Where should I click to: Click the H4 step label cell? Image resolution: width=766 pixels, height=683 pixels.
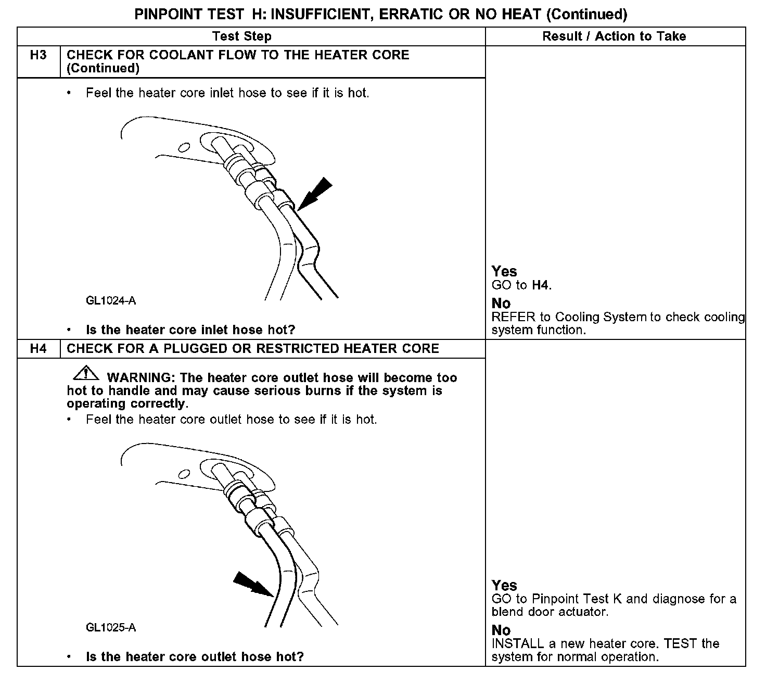click(x=39, y=349)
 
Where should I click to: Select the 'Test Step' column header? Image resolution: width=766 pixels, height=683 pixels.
click(x=242, y=36)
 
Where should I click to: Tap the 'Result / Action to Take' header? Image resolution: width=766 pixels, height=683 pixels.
click(x=614, y=36)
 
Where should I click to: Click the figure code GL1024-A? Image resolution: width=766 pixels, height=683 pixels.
click(x=111, y=301)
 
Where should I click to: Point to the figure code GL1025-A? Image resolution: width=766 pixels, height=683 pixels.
click(x=111, y=628)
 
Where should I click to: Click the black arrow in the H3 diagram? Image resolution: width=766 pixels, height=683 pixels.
click(x=313, y=195)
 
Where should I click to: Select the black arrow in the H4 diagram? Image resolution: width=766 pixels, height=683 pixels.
click(x=252, y=584)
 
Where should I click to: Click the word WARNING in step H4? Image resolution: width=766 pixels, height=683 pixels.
click(x=137, y=377)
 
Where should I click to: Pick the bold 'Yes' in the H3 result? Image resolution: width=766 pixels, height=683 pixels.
click(x=504, y=271)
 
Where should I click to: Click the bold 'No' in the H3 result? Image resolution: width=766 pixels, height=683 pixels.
click(x=501, y=303)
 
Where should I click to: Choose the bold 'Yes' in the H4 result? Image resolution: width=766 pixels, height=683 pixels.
click(x=504, y=585)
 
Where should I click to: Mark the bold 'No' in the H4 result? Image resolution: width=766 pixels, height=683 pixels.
click(x=501, y=630)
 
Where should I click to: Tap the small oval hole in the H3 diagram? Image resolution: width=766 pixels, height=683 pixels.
click(x=183, y=147)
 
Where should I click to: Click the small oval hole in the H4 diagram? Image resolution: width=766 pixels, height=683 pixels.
click(x=183, y=474)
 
